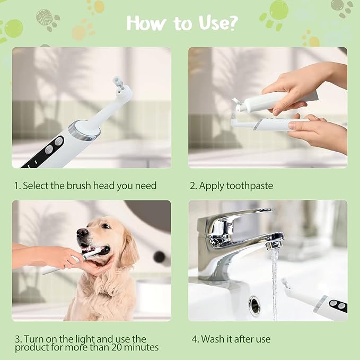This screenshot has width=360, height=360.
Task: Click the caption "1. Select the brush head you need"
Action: coord(85,186)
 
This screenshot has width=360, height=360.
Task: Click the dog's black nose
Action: coord(82,232)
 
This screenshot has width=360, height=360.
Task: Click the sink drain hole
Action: coord(254,306)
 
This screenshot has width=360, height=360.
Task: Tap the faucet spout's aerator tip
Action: coord(274,244)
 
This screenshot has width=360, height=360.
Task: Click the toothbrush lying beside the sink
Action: coord(318,302)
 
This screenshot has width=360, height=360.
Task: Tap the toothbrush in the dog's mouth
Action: coord(80,260)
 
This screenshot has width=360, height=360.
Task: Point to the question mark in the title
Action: coord(232,23)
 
